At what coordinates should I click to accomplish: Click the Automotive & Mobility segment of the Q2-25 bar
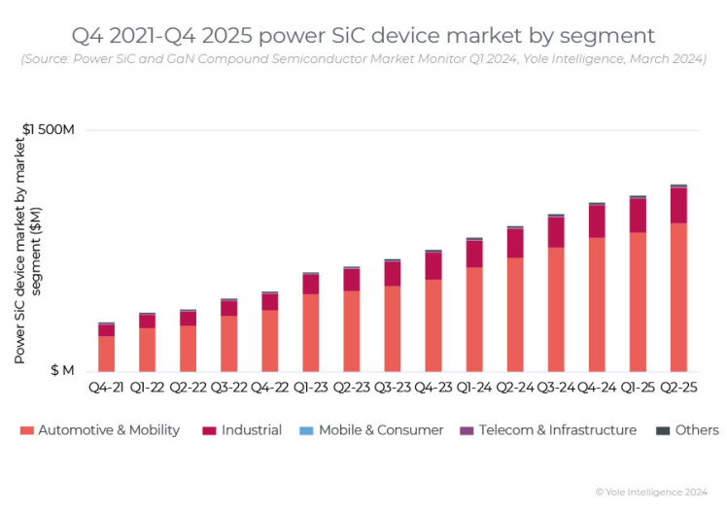678,297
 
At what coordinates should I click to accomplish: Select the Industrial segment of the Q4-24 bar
597,221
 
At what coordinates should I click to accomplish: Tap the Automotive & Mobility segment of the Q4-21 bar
106,354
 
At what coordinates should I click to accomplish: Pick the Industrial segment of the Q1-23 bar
310,285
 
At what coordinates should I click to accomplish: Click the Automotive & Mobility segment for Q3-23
392,328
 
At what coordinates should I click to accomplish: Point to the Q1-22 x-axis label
147,388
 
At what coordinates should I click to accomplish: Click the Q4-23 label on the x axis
433,388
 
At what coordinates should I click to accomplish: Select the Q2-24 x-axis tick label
515,388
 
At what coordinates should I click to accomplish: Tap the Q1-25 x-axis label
638,388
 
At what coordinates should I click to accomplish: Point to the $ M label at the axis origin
61,371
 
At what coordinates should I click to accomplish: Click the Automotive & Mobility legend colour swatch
26,430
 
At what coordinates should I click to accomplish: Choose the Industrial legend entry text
252,430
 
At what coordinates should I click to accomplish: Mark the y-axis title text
27,251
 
